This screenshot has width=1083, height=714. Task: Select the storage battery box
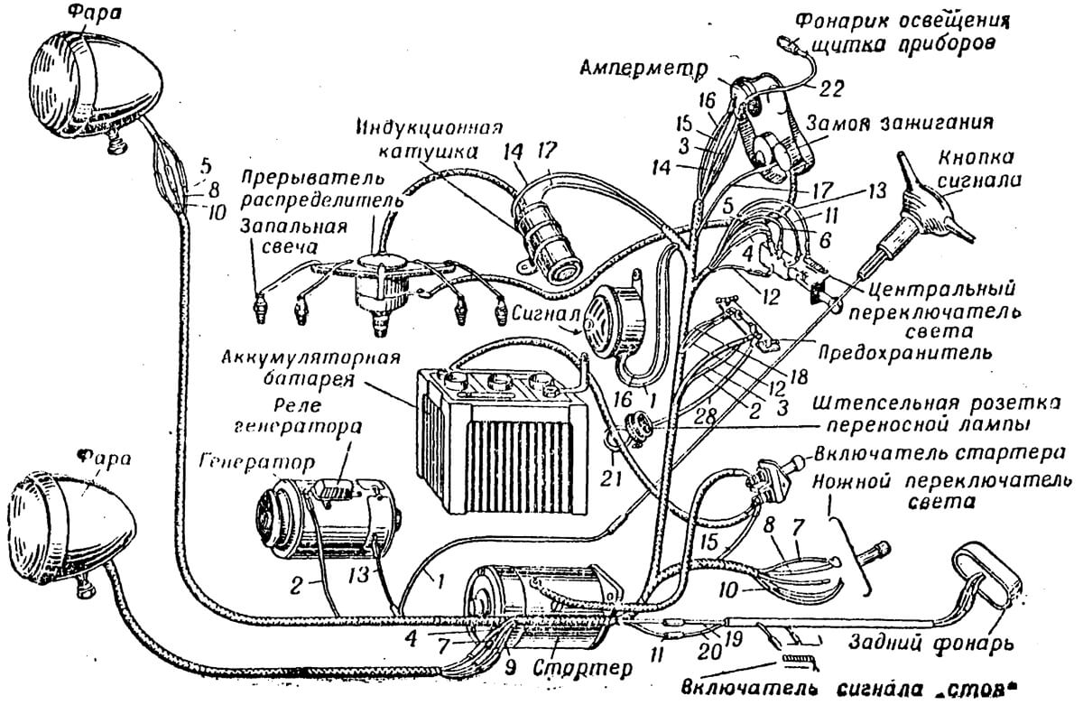click(x=503, y=440)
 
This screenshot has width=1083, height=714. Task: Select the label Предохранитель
click(x=904, y=352)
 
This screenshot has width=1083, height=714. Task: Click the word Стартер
click(x=583, y=670)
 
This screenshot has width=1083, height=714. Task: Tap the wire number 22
click(x=831, y=89)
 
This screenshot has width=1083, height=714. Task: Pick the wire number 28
click(x=705, y=417)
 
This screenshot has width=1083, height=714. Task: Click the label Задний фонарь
click(x=931, y=644)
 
